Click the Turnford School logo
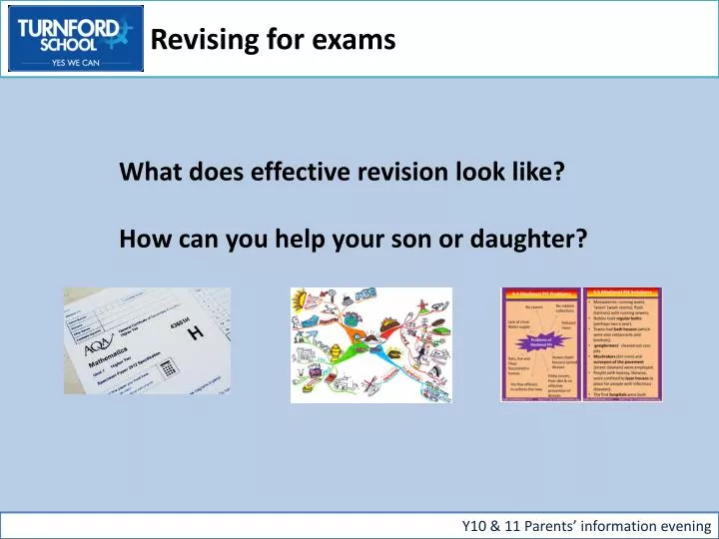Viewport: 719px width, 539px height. [x=75, y=39]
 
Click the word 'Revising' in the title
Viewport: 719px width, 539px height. [x=195, y=40]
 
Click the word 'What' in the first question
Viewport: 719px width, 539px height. [x=146, y=172]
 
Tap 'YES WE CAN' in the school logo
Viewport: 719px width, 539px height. [x=75, y=61]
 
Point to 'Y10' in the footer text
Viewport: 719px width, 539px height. [x=477, y=525]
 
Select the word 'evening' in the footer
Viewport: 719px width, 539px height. [x=683, y=525]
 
